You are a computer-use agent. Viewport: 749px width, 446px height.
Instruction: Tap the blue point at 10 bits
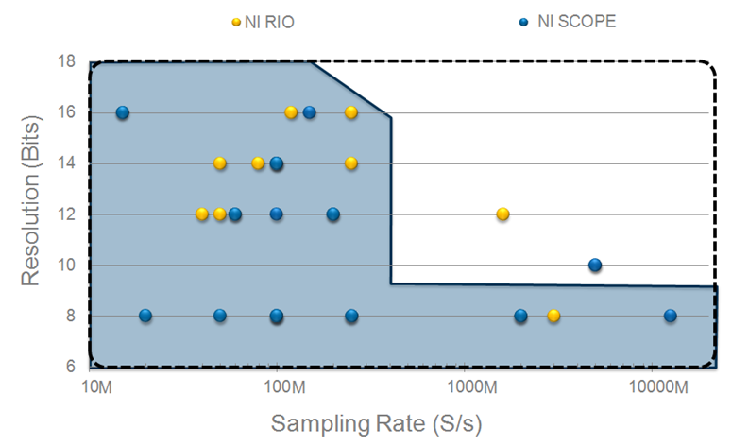[x=595, y=266]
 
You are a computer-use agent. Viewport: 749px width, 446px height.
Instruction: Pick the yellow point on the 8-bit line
[x=553, y=316]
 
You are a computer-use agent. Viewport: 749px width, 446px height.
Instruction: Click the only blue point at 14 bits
[x=277, y=163]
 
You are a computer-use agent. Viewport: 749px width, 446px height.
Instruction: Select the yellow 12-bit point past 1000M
[x=502, y=214]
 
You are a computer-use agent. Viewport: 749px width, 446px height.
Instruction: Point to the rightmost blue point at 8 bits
[x=670, y=316]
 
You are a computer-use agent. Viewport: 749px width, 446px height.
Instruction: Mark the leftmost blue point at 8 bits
[x=145, y=316]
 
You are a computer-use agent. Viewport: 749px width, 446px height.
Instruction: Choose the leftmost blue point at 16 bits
[x=122, y=112]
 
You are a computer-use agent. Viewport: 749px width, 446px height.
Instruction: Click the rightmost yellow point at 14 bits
[x=351, y=163]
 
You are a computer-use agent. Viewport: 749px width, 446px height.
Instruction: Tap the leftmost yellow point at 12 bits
[x=202, y=214]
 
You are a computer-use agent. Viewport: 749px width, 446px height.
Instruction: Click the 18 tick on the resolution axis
[x=67, y=61]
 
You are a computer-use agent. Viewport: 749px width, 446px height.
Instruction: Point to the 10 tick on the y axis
[x=67, y=266]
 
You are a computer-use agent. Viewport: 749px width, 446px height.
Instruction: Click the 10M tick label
[x=97, y=388]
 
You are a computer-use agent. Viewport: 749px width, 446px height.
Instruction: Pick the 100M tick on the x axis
[x=282, y=388]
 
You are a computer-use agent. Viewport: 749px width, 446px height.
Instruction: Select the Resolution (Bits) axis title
[x=31, y=214]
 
